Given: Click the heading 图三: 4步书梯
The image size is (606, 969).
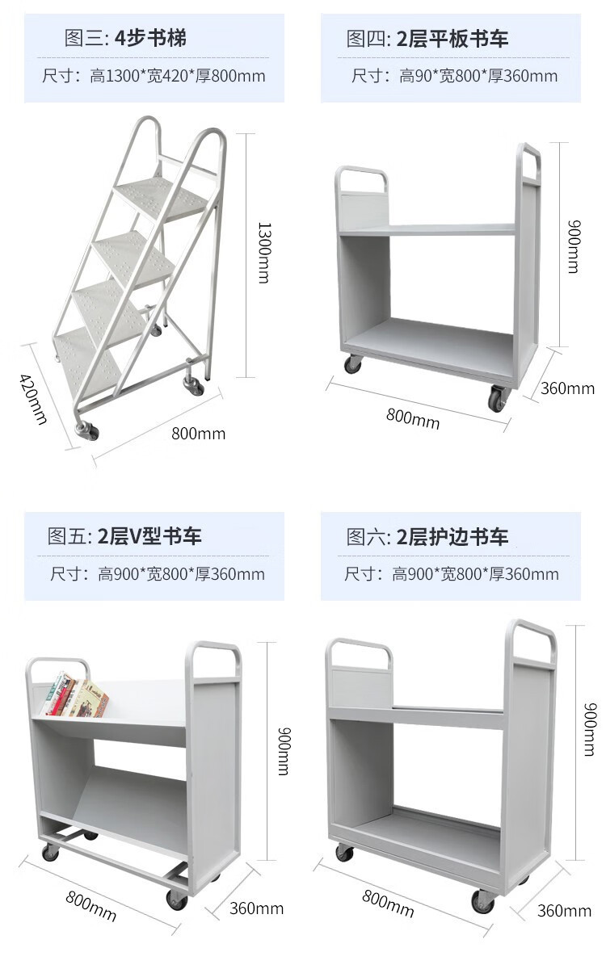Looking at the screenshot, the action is [125, 38].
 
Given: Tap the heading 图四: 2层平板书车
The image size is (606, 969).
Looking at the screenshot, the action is [427, 38].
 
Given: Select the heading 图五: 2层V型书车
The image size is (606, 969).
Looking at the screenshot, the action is [124, 536].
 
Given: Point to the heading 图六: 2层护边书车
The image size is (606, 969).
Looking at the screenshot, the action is [427, 536].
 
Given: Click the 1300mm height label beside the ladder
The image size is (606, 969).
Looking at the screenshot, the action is [263, 253].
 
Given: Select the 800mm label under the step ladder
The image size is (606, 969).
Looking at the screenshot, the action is [198, 434].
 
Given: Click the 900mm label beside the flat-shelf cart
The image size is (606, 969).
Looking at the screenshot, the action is [572, 246].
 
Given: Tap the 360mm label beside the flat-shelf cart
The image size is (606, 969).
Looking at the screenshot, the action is [567, 388].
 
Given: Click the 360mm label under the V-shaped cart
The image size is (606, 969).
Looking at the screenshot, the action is [256, 908].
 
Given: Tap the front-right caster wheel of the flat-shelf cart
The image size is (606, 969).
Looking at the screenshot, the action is [496, 399].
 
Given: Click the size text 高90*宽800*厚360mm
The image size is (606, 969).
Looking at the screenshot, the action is [454, 77].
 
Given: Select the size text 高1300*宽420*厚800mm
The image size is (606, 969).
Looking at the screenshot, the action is [154, 77].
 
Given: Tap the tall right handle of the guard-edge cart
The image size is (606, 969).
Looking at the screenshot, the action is [531, 638].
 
